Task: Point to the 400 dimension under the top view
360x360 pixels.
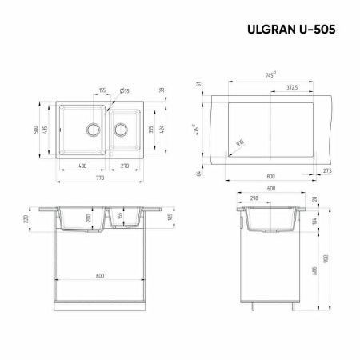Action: pyautogui.click(x=82, y=166)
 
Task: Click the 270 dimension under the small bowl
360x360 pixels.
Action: pyautogui.click(x=124, y=166)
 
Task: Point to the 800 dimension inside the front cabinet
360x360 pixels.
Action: pyautogui.click(x=100, y=276)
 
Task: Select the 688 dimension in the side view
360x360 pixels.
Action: pyautogui.click(x=311, y=272)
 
